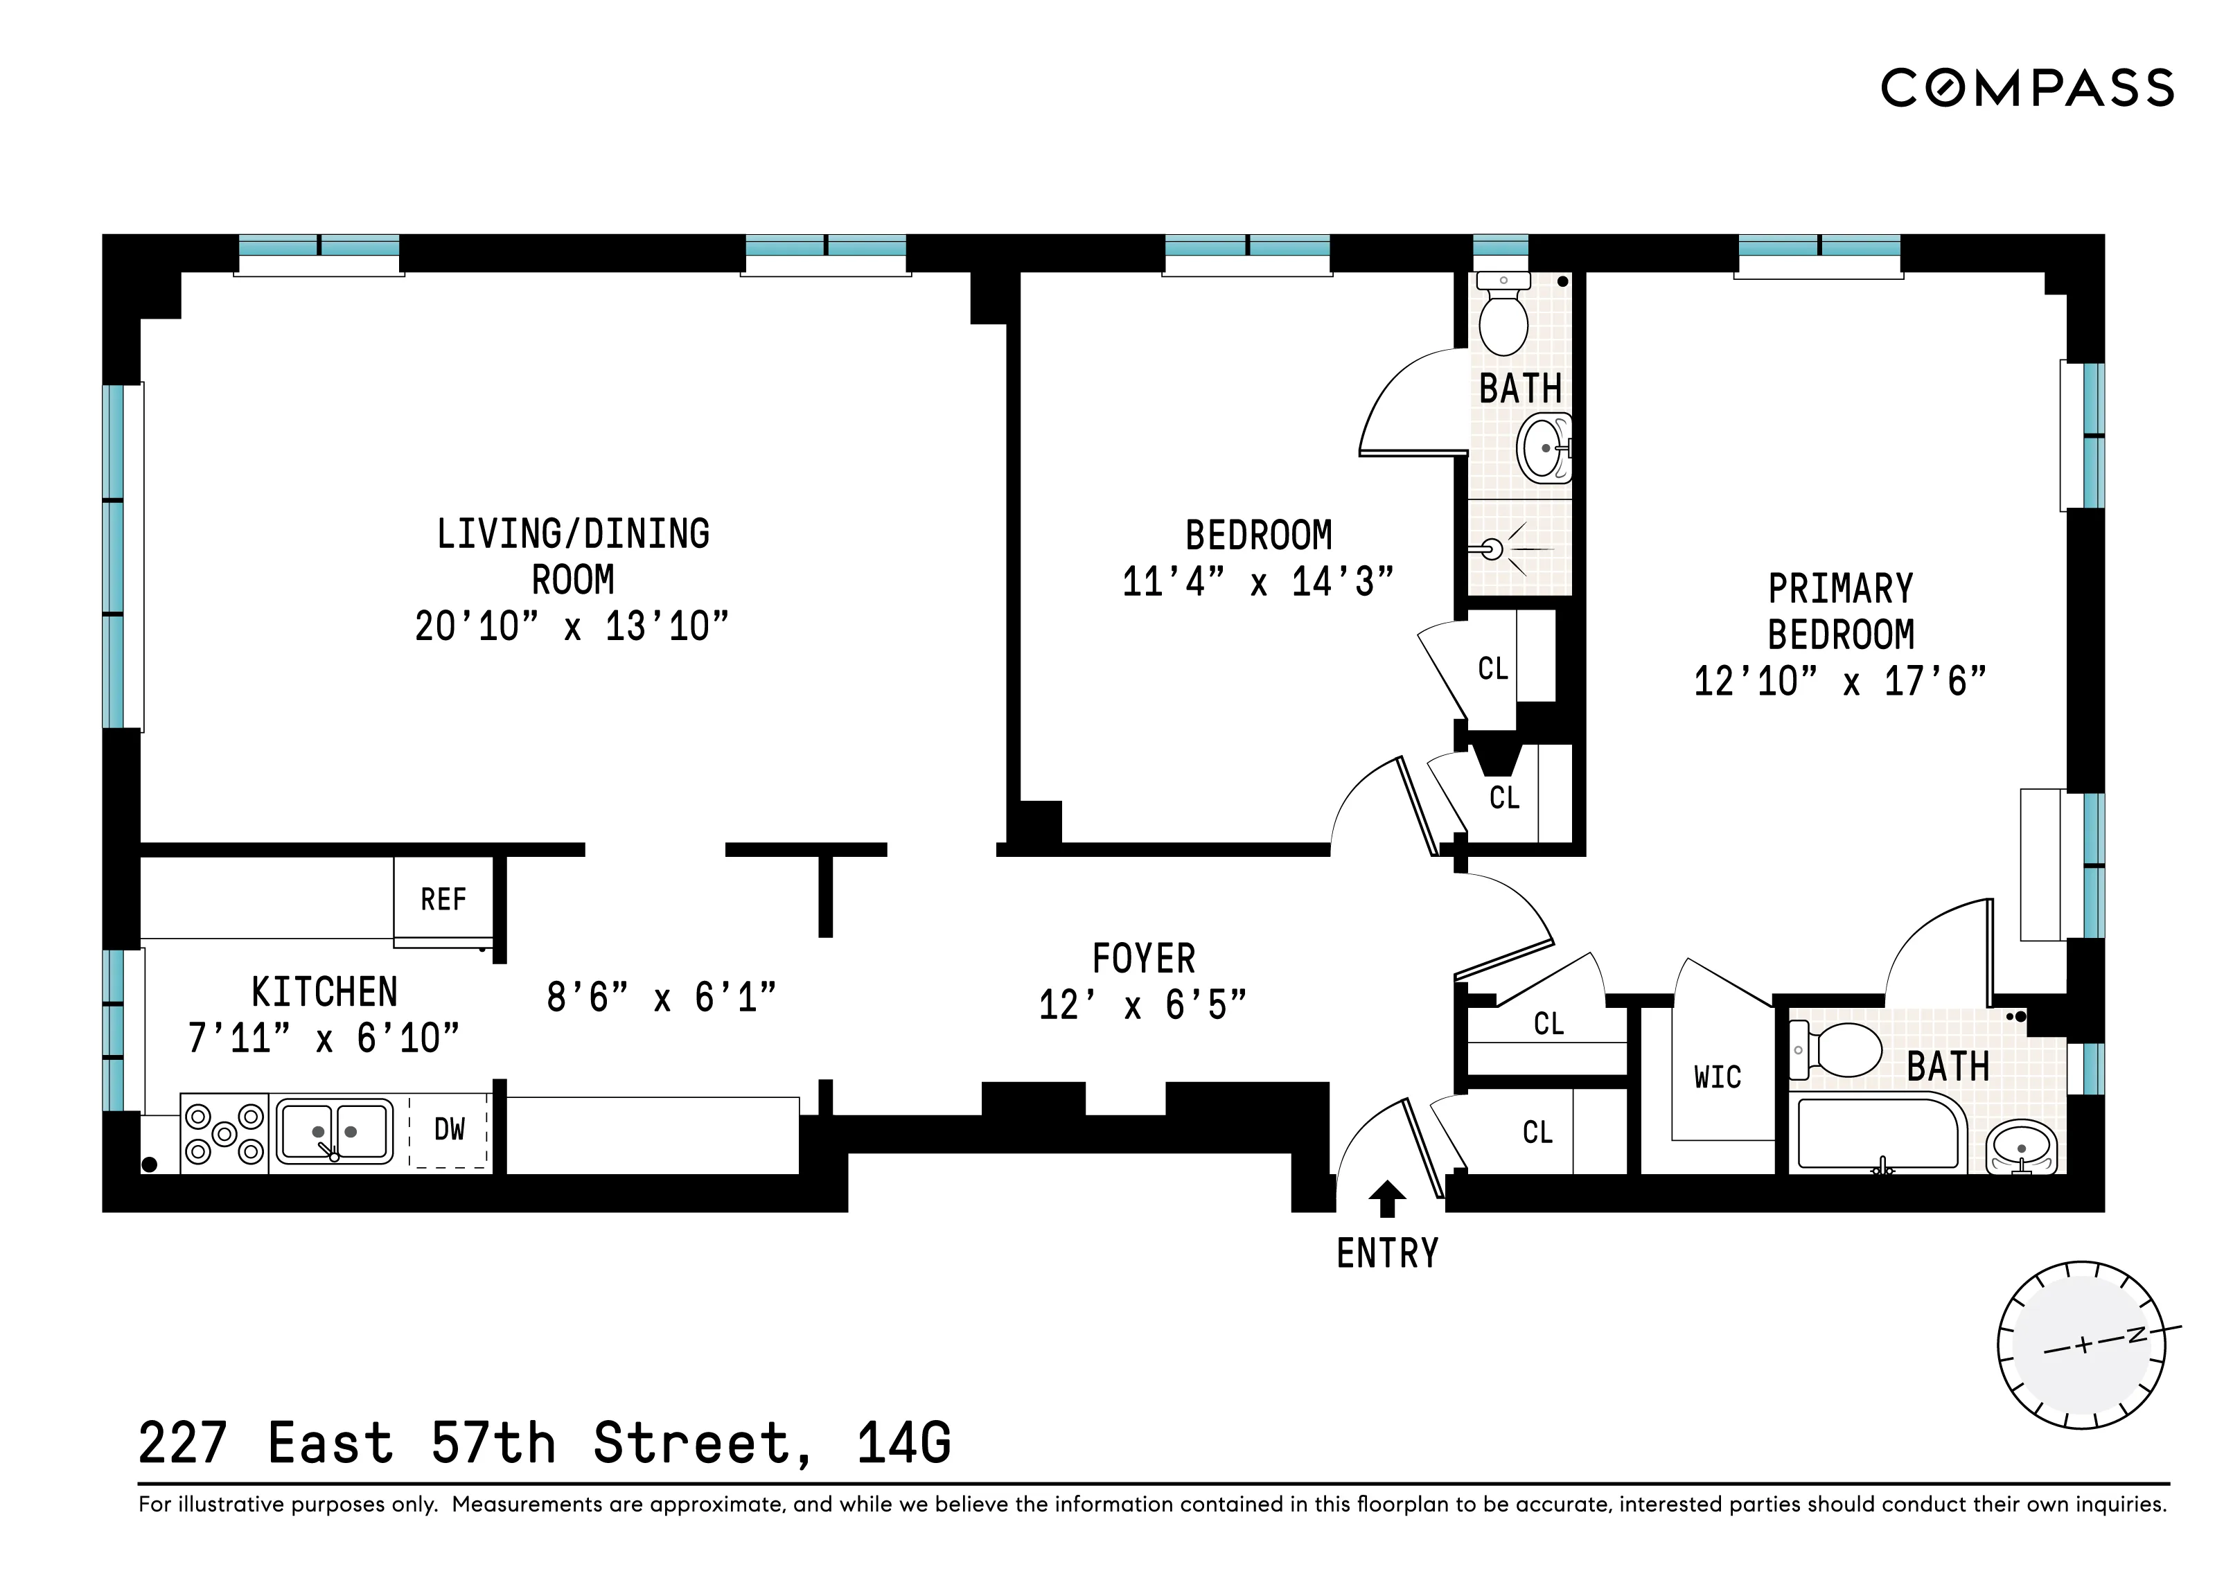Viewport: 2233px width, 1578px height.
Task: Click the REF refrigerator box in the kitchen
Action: point(443,899)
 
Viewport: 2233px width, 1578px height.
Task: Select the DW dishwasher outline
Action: point(448,1131)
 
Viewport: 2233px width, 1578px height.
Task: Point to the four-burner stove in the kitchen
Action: point(224,1134)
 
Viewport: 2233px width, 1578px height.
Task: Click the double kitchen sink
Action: point(335,1132)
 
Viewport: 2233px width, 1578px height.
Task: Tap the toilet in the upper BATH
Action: point(1503,317)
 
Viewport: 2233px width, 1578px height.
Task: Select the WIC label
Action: point(1718,1077)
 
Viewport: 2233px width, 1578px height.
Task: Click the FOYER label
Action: point(1144,959)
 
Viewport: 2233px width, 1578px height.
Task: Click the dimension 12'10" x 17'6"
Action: point(1840,682)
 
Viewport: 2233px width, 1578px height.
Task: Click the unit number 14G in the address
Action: point(903,1443)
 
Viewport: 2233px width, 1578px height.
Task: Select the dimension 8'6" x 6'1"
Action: point(662,998)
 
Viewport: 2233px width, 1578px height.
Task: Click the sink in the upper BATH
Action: point(1544,448)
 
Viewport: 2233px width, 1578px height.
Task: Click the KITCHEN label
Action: point(325,993)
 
